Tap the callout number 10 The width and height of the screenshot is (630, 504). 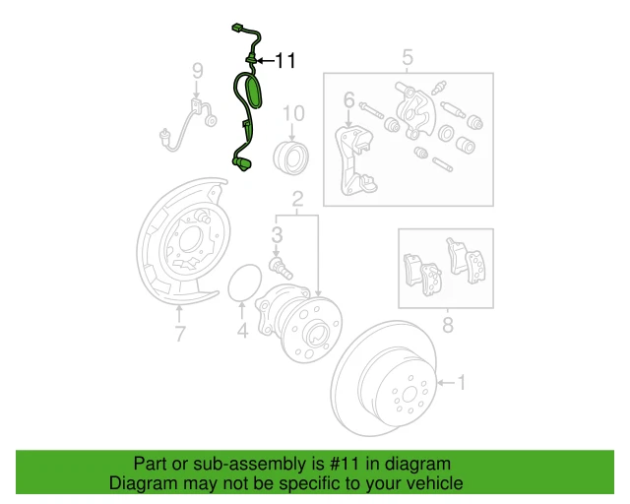point(294,114)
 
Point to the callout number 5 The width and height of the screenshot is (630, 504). point(408,59)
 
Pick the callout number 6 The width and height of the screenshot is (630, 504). point(348,100)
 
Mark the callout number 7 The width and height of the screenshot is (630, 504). point(179,335)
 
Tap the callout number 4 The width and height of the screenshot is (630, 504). point(242,333)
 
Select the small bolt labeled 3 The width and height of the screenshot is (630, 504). point(279,264)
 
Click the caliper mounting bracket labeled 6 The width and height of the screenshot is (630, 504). point(354,157)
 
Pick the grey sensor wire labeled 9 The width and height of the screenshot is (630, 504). point(187,123)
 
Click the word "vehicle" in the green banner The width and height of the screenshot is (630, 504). point(430,484)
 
